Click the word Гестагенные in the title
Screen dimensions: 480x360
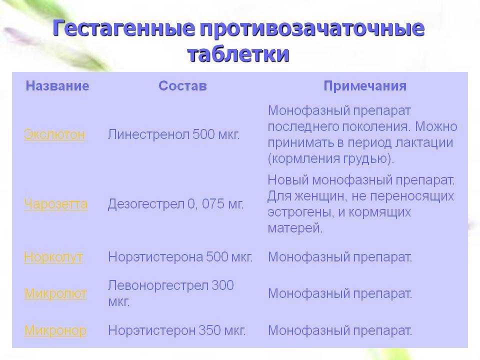coord(123,28)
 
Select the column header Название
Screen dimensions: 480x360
coord(57,85)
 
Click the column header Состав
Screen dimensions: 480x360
coord(182,85)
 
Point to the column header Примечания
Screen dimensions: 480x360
coord(365,86)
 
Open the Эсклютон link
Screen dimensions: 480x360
coord(54,134)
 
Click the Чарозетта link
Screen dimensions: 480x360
coord(55,204)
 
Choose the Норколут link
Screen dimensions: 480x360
coord(53,257)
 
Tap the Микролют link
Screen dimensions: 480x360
coord(55,293)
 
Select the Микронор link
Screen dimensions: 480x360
coord(55,330)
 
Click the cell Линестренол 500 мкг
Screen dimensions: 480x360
coord(173,134)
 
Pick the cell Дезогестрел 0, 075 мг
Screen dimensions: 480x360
coord(175,204)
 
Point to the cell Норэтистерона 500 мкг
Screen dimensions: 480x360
coord(180,257)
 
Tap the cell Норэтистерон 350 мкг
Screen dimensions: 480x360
coord(177,330)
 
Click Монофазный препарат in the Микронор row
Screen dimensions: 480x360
coord(340,330)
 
